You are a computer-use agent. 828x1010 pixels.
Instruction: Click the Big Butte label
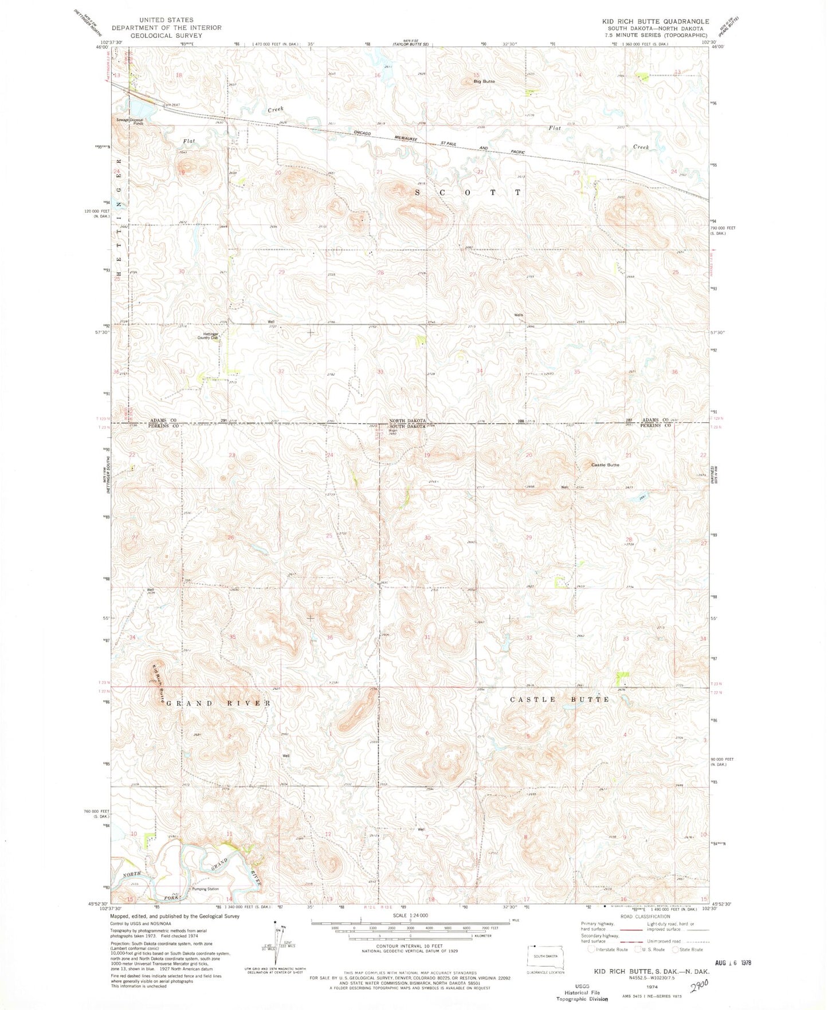[484, 81]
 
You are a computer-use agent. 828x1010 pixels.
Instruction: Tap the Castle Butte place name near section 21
[605, 465]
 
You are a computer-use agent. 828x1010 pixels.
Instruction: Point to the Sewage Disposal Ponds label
[130, 121]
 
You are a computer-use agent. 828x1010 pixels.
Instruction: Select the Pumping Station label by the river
[205, 889]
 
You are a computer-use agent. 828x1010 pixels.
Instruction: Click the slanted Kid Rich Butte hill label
[159, 684]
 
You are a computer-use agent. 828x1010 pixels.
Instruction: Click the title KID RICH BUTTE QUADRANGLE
[655, 21]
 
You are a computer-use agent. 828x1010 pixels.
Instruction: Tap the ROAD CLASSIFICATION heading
[641, 916]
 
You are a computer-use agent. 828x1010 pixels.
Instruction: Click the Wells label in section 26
[519, 315]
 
